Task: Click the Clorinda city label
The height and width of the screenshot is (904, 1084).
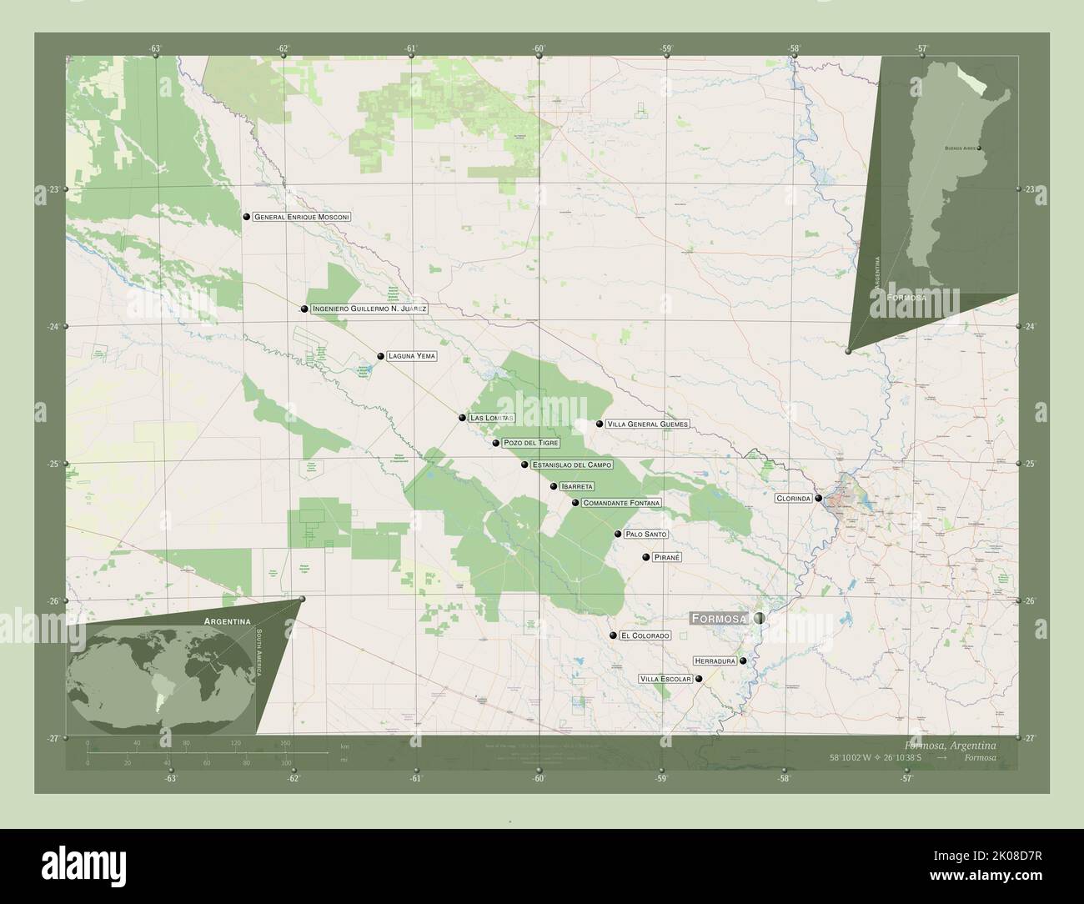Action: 794,498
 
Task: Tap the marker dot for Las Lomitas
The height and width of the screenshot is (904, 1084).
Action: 462,417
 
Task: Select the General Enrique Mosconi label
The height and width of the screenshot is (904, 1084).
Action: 302,217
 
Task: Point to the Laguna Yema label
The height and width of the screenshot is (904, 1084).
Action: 411,356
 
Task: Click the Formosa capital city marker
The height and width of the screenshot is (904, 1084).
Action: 759,618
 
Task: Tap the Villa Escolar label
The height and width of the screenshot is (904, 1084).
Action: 665,679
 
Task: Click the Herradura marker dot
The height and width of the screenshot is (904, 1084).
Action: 742,660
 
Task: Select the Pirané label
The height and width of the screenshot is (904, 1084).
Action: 668,556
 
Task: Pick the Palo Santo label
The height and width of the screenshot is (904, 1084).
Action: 646,534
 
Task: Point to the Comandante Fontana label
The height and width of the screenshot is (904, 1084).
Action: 622,503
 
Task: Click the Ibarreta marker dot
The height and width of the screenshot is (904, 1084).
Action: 554,486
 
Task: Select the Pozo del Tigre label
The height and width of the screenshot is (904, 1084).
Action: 531,443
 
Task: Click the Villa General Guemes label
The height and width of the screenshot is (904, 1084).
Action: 648,424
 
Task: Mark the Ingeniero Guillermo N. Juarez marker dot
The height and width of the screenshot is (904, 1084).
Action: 305,309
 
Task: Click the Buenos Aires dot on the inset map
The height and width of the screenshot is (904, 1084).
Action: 979,148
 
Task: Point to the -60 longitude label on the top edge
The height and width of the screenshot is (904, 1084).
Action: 539,48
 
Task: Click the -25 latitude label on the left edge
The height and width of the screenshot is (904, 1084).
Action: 52,464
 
